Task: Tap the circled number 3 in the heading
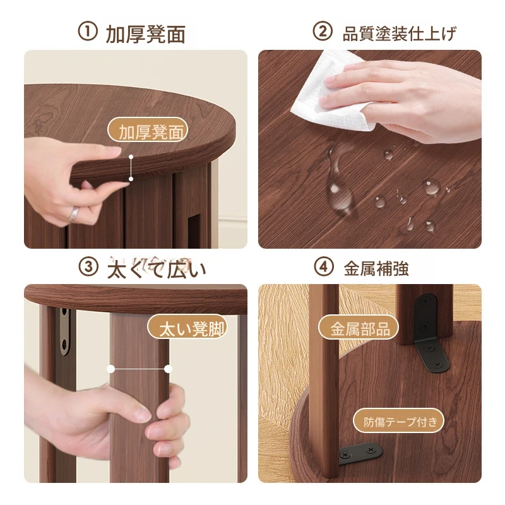pyautogui.click(x=88, y=267)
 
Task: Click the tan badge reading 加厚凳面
pyautogui.click(x=148, y=131)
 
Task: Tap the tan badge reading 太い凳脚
pyautogui.click(x=187, y=327)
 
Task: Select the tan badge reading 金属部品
pyautogui.click(x=358, y=328)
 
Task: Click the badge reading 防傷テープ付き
pyautogui.click(x=398, y=420)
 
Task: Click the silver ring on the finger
pyautogui.click(x=73, y=214)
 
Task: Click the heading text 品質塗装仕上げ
pyautogui.click(x=400, y=33)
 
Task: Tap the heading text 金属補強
pyautogui.click(x=376, y=269)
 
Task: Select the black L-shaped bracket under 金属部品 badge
pyautogui.click(x=430, y=333)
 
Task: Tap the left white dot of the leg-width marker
pyautogui.click(x=111, y=369)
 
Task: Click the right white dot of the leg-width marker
pyautogui.click(x=168, y=369)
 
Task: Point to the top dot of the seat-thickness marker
pyautogui.click(x=131, y=157)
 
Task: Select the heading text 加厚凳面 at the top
pyautogui.click(x=146, y=34)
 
